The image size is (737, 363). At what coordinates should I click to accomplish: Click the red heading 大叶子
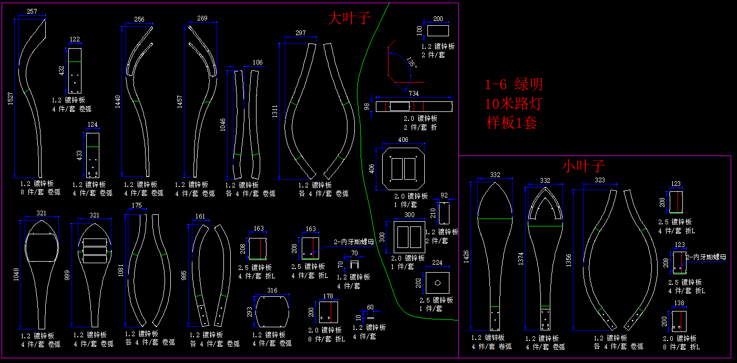coord(349,19)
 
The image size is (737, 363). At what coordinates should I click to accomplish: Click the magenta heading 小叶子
coord(584,166)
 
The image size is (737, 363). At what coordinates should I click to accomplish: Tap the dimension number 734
coord(413,93)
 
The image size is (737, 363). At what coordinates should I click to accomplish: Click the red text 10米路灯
coord(514,103)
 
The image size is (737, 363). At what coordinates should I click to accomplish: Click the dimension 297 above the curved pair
coord(300,33)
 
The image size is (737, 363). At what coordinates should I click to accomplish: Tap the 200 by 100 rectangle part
coord(438,31)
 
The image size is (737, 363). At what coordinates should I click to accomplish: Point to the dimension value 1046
coord(223,125)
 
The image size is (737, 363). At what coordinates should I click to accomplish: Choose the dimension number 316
coord(272,291)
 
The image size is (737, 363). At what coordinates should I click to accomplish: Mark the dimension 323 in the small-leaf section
coord(599,180)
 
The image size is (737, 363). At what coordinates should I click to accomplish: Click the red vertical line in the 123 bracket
coord(682,262)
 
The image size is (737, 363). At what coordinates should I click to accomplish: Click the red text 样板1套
coord(511,123)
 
